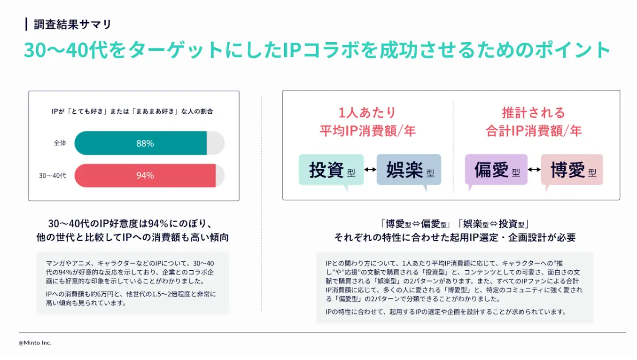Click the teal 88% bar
140,143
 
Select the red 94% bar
145,175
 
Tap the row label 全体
60,143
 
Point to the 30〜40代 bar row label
53,176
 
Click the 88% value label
145,143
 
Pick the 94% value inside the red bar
145,175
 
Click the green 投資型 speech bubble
331,170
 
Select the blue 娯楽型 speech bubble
409,170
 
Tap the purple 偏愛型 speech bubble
496,170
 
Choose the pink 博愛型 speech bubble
572,170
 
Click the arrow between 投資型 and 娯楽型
370,170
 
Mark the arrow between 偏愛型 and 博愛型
534,170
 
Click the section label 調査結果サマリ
72,24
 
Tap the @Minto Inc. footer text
35,343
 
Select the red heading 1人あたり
367,112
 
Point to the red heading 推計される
534,112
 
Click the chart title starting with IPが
132,111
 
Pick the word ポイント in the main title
573,49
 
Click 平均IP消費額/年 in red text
368,131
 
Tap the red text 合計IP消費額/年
534,131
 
